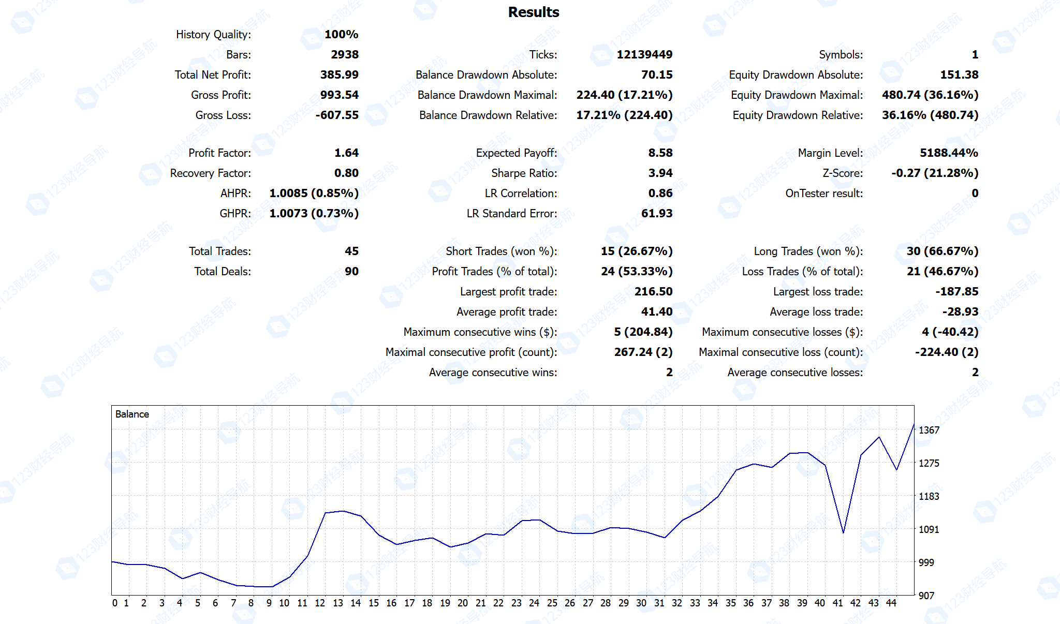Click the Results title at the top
[x=533, y=12]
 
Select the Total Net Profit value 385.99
[x=339, y=75]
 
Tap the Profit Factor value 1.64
[x=346, y=153]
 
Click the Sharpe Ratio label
[x=524, y=173]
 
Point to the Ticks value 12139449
[x=644, y=54]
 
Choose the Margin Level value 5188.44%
[x=949, y=153]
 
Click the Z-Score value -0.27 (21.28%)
[x=934, y=173]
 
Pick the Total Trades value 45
[x=351, y=251]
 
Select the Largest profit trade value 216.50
[x=653, y=291]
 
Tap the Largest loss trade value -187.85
[x=956, y=291]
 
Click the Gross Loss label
[x=223, y=115]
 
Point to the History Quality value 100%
[x=341, y=34]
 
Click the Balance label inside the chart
[x=132, y=414]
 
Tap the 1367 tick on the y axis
[x=929, y=430]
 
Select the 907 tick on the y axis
[x=926, y=596]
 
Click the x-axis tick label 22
[x=498, y=603]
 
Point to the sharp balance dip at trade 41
[x=843, y=532]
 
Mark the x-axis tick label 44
[x=891, y=603]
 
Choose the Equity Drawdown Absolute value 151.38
[x=959, y=75]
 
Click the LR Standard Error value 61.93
[x=656, y=213]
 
